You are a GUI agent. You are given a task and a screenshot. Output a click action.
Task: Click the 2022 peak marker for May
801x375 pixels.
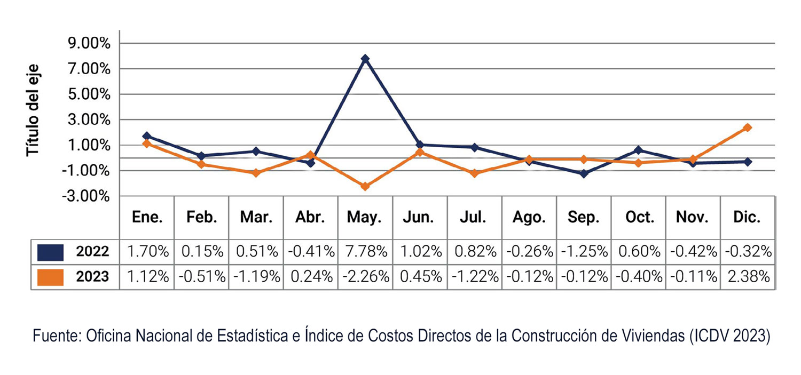pos(365,59)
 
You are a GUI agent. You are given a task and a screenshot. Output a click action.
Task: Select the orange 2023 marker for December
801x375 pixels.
pos(748,127)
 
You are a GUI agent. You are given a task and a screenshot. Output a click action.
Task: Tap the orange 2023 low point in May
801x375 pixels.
pos(365,187)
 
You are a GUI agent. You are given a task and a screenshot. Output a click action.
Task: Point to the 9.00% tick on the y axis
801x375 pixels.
pos(89,44)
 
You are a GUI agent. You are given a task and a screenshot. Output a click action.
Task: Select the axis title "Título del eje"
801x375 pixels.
pos(34,111)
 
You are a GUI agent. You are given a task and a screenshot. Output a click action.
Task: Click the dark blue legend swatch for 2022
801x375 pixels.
pos(51,251)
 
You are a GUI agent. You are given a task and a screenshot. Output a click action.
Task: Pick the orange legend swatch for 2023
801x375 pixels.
pos(51,277)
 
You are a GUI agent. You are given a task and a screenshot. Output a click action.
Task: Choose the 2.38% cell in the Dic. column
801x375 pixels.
pos(748,277)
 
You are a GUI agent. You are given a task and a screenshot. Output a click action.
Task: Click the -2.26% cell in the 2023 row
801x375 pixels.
pos(365,277)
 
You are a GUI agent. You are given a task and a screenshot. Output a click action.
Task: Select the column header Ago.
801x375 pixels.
pos(529,217)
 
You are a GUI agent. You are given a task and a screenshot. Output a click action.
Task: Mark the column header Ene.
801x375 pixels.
pos(147,217)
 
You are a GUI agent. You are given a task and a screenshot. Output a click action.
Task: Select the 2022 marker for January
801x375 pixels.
pos(147,136)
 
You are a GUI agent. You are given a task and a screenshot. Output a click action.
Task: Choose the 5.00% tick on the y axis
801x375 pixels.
pos(89,94)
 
